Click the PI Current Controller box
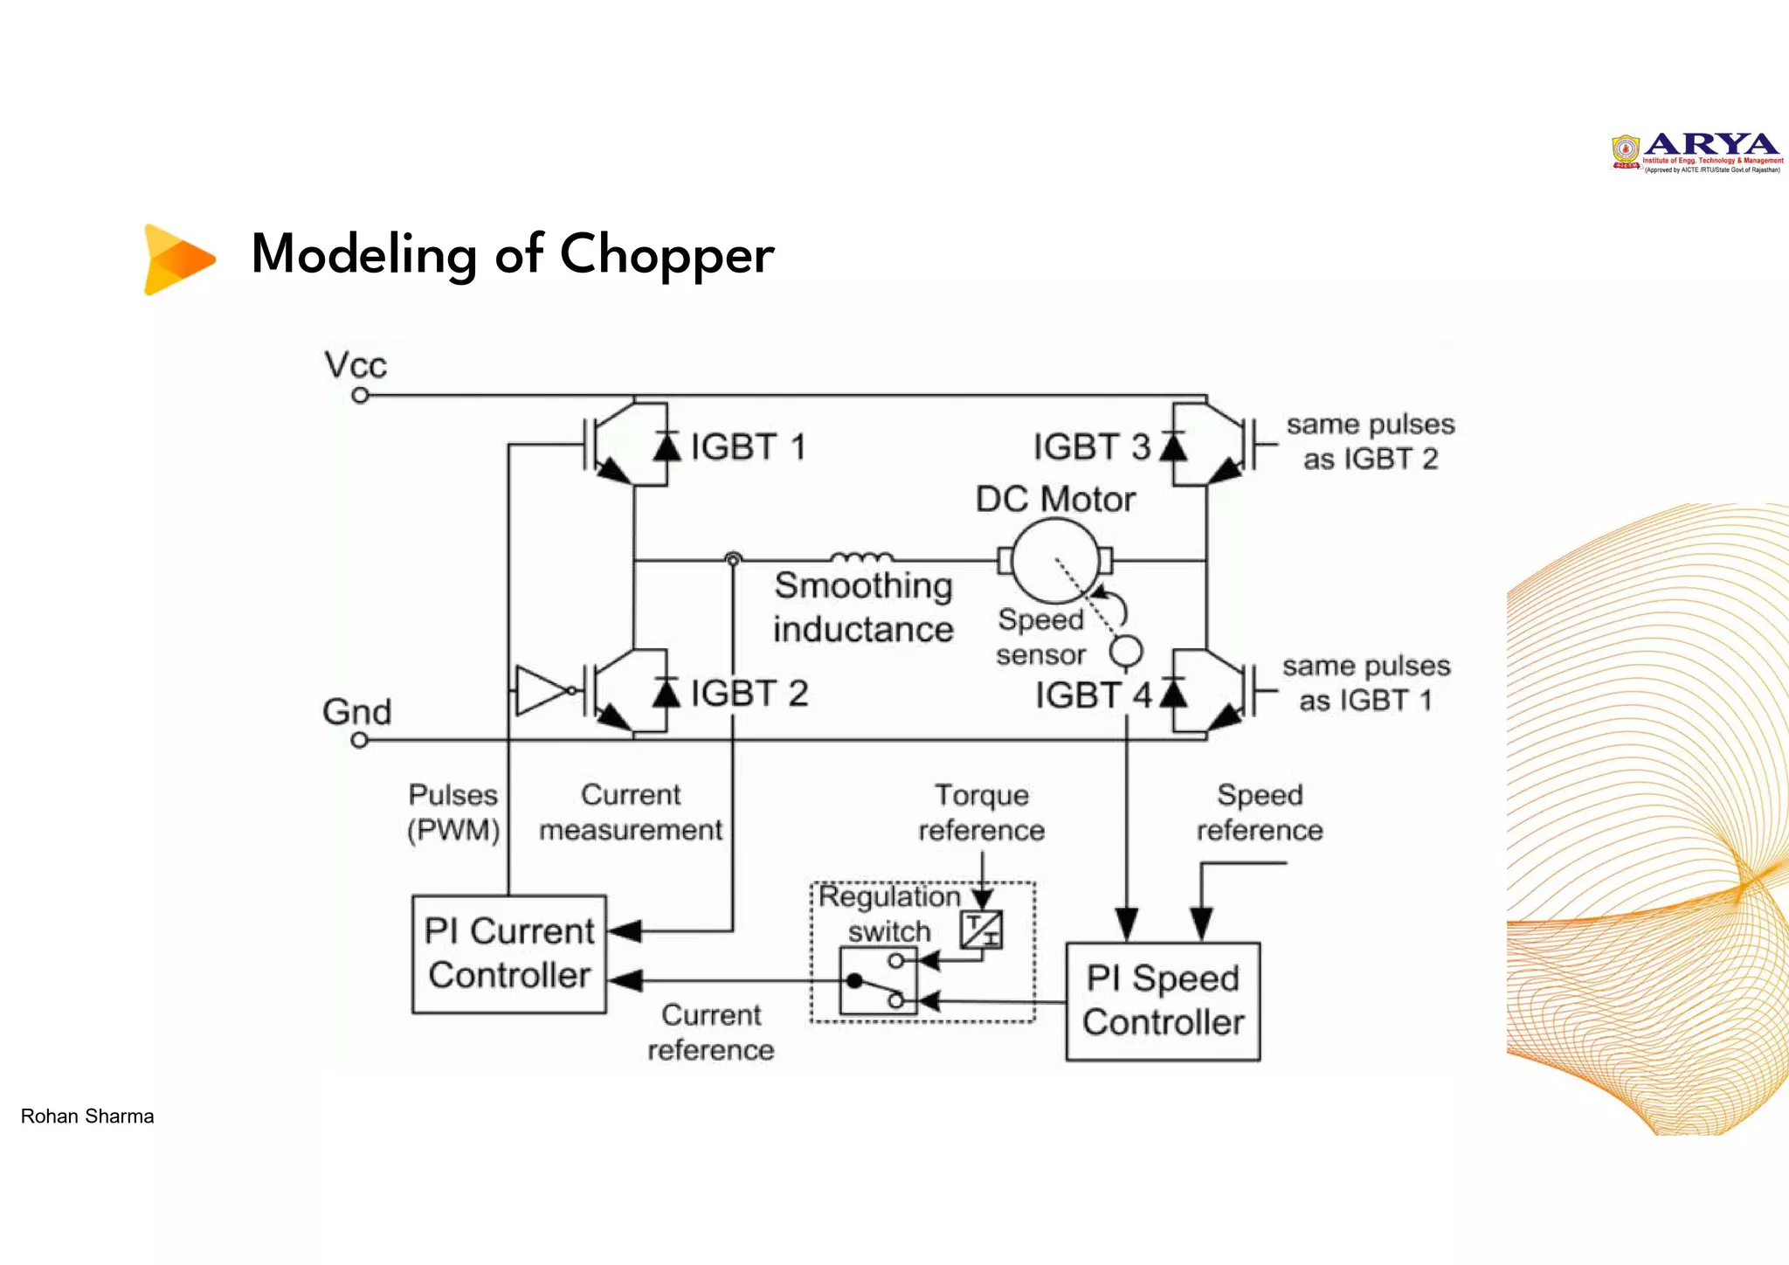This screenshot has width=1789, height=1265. tap(509, 954)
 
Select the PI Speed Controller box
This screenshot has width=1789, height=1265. tap(1163, 1001)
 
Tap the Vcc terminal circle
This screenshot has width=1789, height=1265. tap(360, 396)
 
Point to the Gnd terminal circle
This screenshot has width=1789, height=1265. tap(359, 740)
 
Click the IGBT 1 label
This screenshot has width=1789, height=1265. tap(748, 447)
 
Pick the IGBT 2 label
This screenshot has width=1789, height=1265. tap(749, 694)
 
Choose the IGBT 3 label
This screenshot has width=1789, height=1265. tap(1091, 447)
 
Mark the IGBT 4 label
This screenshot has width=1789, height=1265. tap(1093, 695)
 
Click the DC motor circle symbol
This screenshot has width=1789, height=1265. tap(1055, 561)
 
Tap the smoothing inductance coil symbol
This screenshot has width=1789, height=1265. tap(861, 557)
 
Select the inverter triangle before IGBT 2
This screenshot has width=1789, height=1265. tap(541, 690)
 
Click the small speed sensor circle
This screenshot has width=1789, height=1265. tap(1126, 652)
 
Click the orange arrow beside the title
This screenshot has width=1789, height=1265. tap(178, 259)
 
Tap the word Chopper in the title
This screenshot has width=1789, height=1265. tap(667, 254)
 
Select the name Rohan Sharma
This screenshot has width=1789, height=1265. tap(87, 1116)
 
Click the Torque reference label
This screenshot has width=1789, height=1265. tap(981, 812)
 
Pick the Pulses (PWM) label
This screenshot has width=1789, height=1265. tap(453, 812)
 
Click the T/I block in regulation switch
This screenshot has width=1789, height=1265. tap(981, 929)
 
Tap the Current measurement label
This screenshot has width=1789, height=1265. tap(631, 812)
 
